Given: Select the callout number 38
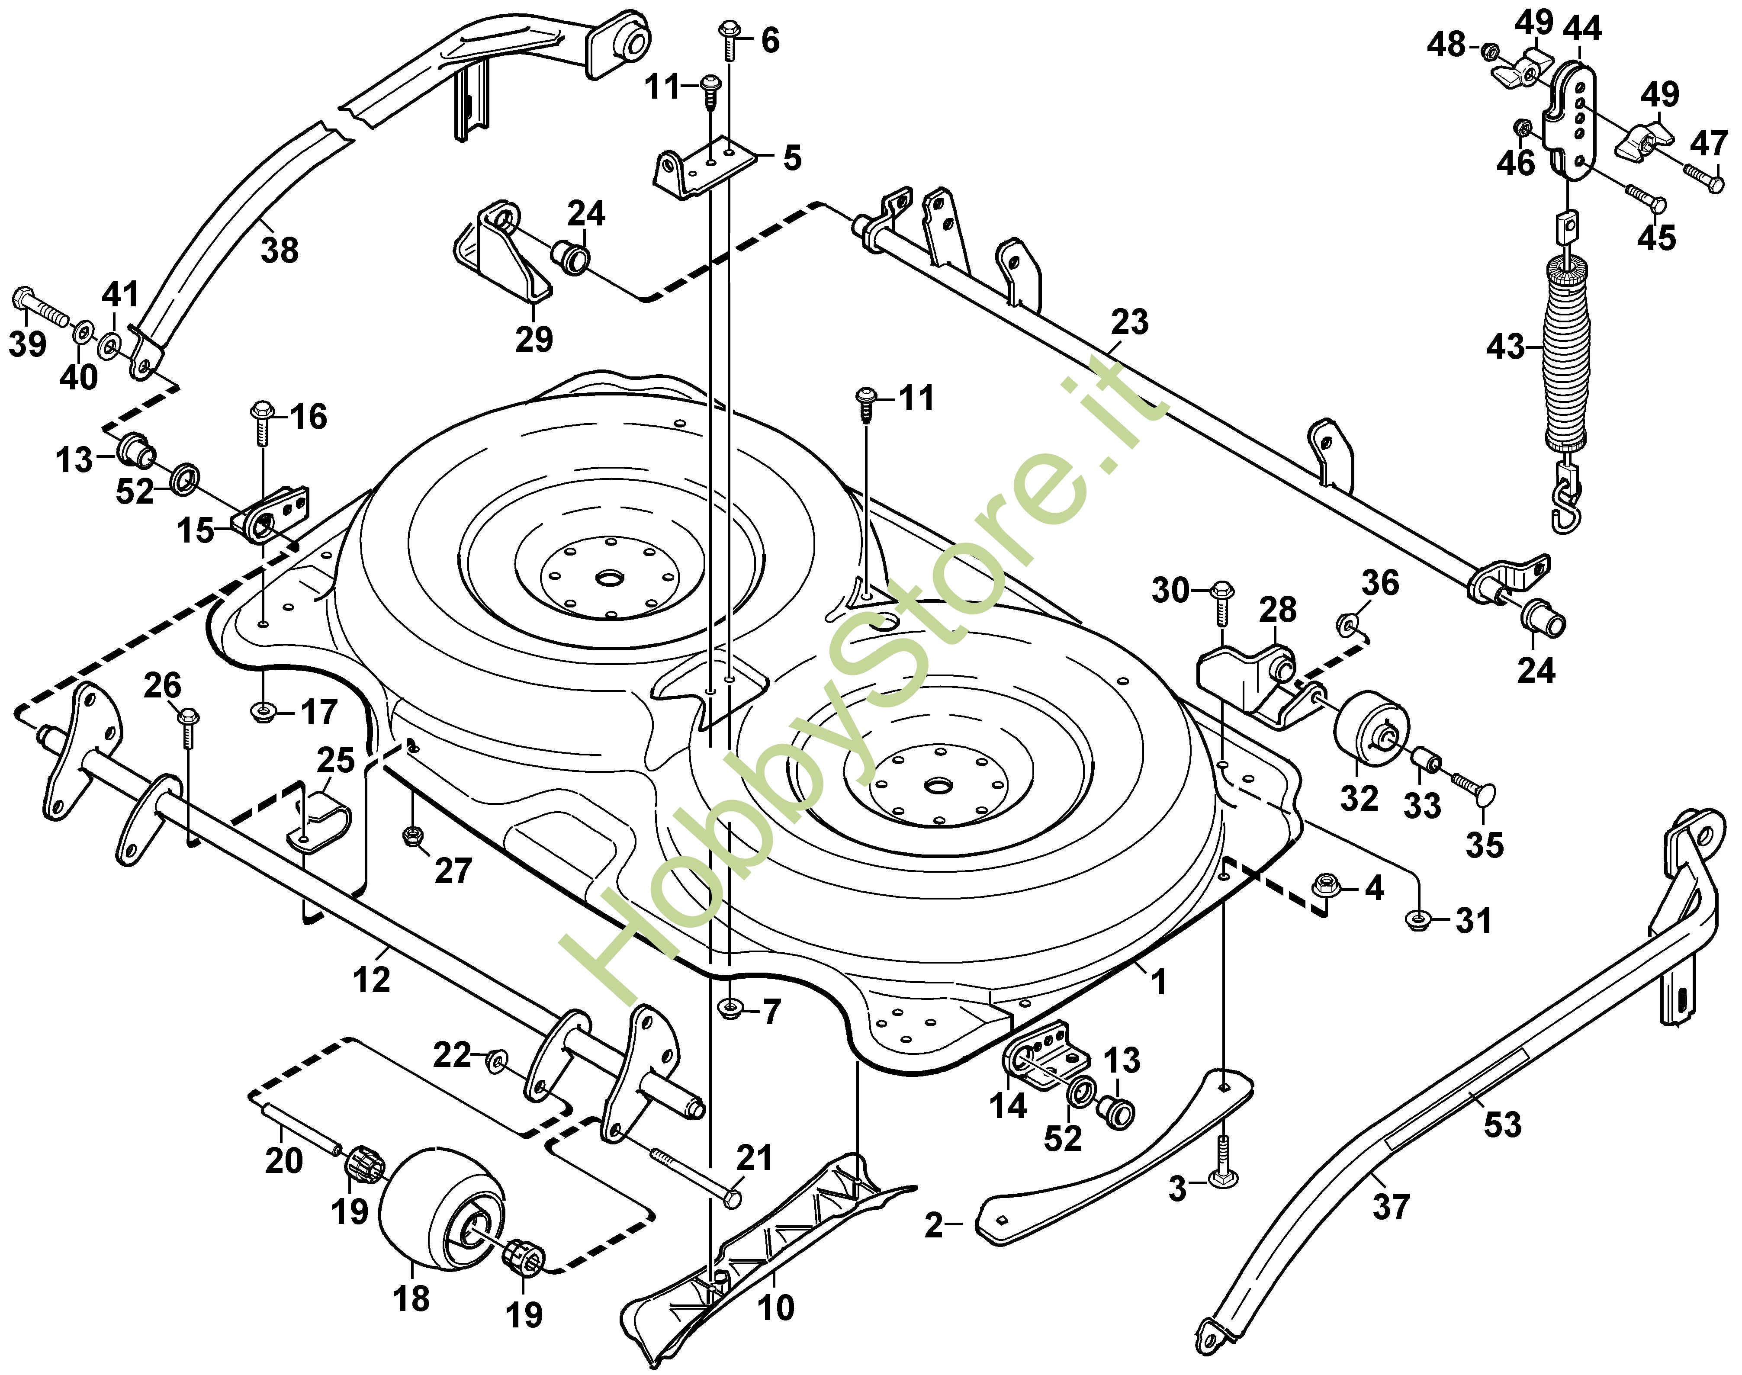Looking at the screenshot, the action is click(280, 251).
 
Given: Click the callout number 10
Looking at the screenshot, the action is click(776, 1308).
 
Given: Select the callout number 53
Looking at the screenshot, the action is click(1502, 1124).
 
